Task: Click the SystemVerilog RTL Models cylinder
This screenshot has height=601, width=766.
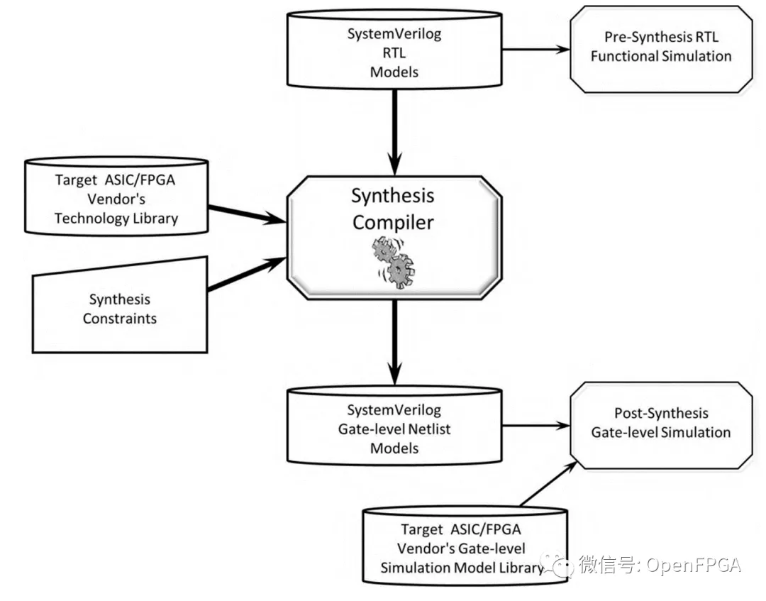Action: pyautogui.click(x=394, y=53)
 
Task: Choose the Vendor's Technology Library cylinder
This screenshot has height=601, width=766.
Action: pyautogui.click(x=116, y=199)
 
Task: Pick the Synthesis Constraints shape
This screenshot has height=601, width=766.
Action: pyautogui.click(x=120, y=309)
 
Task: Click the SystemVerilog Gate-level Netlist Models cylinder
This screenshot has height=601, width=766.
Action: pyautogui.click(x=394, y=429)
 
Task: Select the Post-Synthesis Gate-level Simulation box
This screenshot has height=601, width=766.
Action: pyautogui.click(x=661, y=423)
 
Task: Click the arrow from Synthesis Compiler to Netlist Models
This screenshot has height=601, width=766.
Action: pyautogui.click(x=394, y=341)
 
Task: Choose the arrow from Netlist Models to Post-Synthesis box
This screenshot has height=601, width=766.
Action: pyautogui.click(x=535, y=426)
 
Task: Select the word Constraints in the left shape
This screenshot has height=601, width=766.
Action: pyautogui.click(x=120, y=319)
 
